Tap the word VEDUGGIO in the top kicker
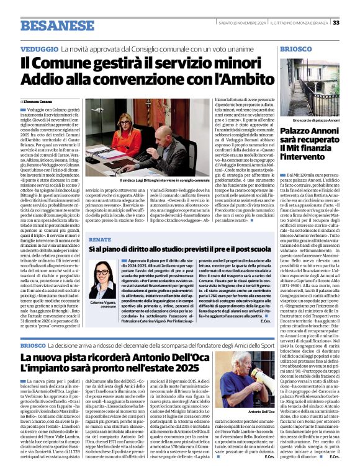tap(39, 48)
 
